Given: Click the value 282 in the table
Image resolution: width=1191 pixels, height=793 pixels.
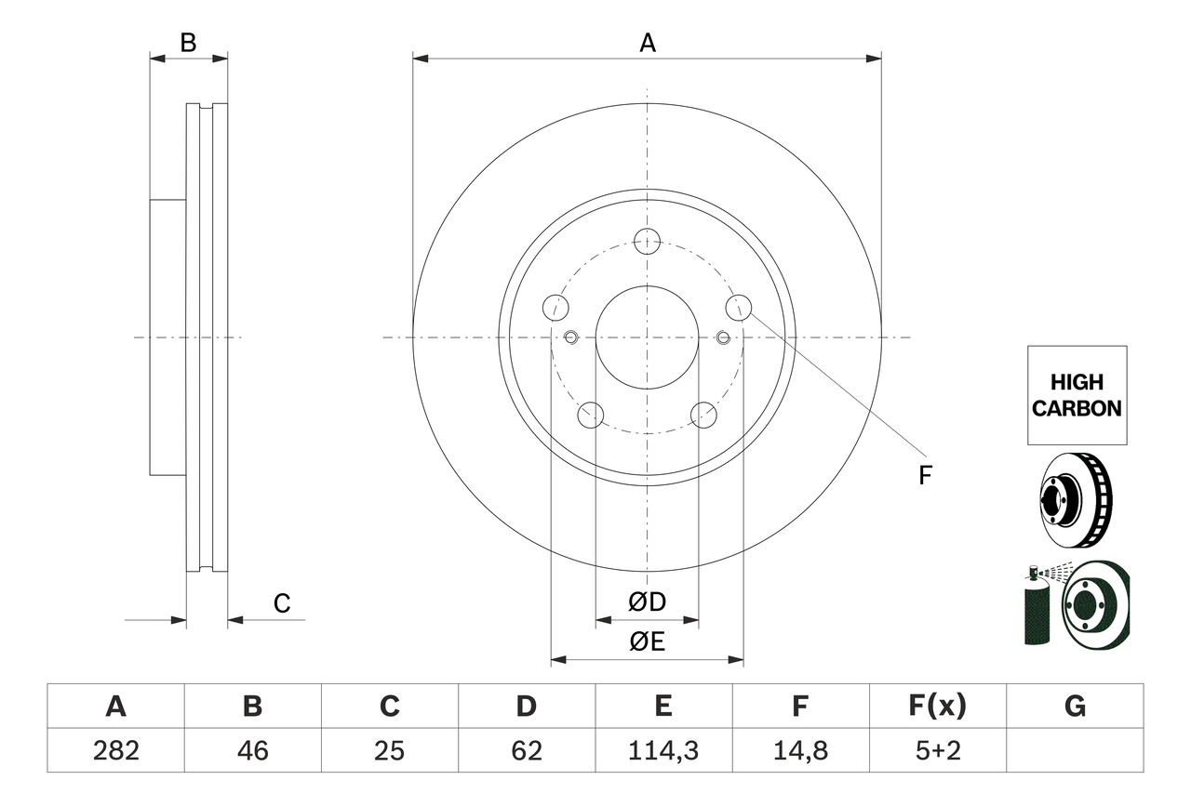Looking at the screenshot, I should [115, 750].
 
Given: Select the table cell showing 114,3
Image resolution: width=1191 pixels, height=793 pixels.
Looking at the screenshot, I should [662, 750].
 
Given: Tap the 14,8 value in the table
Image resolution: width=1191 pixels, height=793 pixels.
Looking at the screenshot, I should [799, 750].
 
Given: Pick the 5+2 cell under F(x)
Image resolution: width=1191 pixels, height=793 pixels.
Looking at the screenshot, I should [937, 750].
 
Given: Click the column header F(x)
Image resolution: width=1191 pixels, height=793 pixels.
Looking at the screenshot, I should [937, 707].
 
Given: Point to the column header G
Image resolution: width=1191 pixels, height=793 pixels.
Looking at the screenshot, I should [1075, 707].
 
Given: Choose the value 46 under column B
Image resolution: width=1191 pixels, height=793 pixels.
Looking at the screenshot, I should [252, 750].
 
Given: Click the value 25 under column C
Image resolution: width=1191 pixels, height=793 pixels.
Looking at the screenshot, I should [389, 750].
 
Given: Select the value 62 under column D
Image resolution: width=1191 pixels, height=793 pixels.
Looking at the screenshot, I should [526, 750].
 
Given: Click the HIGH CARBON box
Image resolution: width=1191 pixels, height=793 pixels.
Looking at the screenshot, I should [1077, 395].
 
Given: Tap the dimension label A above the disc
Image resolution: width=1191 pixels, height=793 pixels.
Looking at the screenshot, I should [647, 43].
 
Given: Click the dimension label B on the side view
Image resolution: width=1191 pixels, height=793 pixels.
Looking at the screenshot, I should [188, 43].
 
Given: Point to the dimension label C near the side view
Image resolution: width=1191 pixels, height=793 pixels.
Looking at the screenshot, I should [282, 603].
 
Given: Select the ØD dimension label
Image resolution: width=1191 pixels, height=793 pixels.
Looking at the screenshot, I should [647, 602].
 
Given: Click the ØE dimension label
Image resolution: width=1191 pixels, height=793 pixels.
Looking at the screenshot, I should [647, 641].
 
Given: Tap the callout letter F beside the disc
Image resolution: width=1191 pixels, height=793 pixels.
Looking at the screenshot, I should [924, 476].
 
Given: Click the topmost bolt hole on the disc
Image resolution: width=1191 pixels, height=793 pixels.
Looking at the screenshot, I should [647, 242].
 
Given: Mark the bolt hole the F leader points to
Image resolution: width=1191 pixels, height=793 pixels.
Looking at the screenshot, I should [738, 306].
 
